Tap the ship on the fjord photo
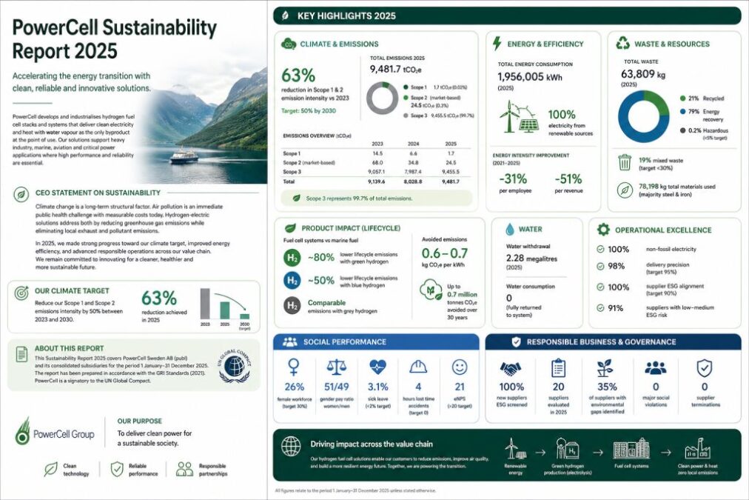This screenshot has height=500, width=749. tap(184, 157)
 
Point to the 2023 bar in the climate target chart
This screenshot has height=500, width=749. tap(206, 304)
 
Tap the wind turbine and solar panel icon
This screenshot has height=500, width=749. tap(520, 116)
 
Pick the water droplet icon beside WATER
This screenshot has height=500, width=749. tap(510, 230)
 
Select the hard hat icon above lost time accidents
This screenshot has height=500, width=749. tap(418, 367)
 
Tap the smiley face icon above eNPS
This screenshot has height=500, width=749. tap(460, 367)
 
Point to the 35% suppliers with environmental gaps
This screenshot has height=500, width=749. tap(607, 387)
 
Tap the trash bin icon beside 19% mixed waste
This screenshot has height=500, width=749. tap(625, 161)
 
